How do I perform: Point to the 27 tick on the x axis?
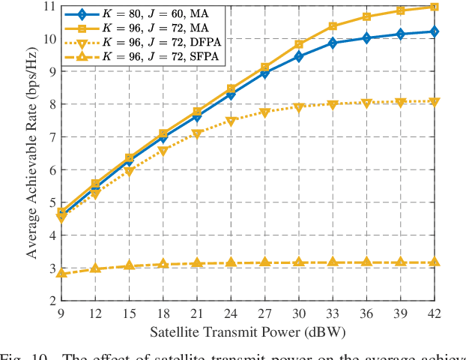coord(264,313)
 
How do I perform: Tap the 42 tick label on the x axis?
coord(434,313)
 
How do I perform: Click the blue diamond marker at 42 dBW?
coord(434,31)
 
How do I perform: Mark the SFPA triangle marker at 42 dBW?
coord(434,262)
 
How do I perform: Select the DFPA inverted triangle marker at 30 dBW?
coord(298,108)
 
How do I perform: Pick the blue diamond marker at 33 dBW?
coord(333,43)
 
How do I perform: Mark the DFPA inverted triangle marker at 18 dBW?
coord(163,151)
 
